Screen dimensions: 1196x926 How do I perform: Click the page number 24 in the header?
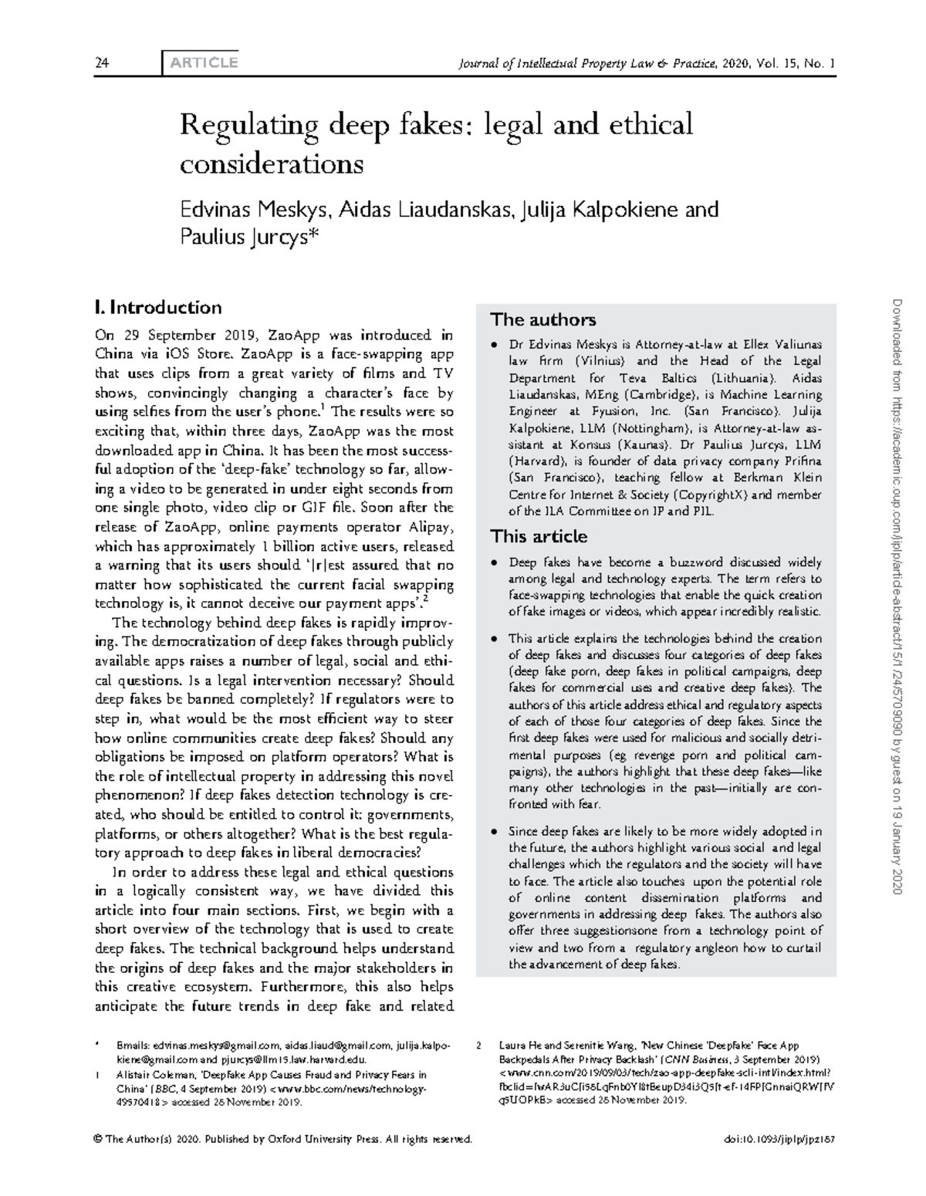100,63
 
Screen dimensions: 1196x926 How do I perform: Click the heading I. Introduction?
157,308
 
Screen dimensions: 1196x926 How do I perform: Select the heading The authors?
543,319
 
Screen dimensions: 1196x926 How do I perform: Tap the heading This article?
539,536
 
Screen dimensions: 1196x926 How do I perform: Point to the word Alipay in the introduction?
423,528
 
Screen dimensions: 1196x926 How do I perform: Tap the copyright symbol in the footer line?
98,1140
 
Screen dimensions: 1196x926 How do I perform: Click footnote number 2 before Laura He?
479,1046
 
